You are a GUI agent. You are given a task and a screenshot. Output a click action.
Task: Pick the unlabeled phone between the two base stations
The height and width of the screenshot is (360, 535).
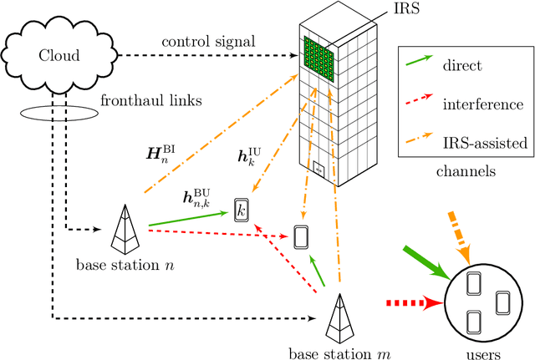click(x=301, y=236)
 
